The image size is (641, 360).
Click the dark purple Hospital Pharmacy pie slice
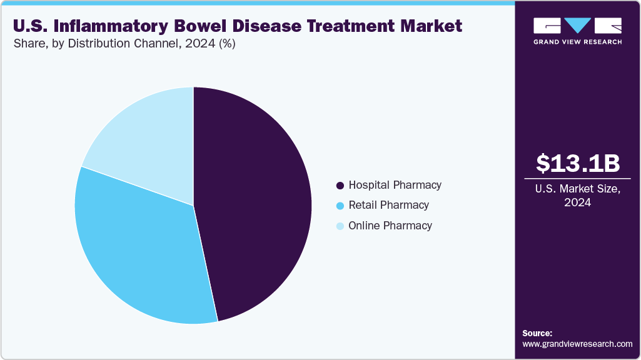pos(256,200)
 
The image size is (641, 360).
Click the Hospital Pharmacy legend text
pos(395,185)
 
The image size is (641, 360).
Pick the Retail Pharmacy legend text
pos(388,205)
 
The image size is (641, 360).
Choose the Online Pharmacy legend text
pos(390,226)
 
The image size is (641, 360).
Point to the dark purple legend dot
pos(340,186)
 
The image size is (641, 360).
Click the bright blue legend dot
pos(340,206)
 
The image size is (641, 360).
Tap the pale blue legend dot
pos(340,226)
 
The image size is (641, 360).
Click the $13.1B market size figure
pos(578,163)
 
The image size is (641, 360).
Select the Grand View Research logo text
pos(578,42)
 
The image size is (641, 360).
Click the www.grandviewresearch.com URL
pos(577,344)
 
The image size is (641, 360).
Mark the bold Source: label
pos(537,333)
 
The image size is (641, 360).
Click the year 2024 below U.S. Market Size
pos(578,202)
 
